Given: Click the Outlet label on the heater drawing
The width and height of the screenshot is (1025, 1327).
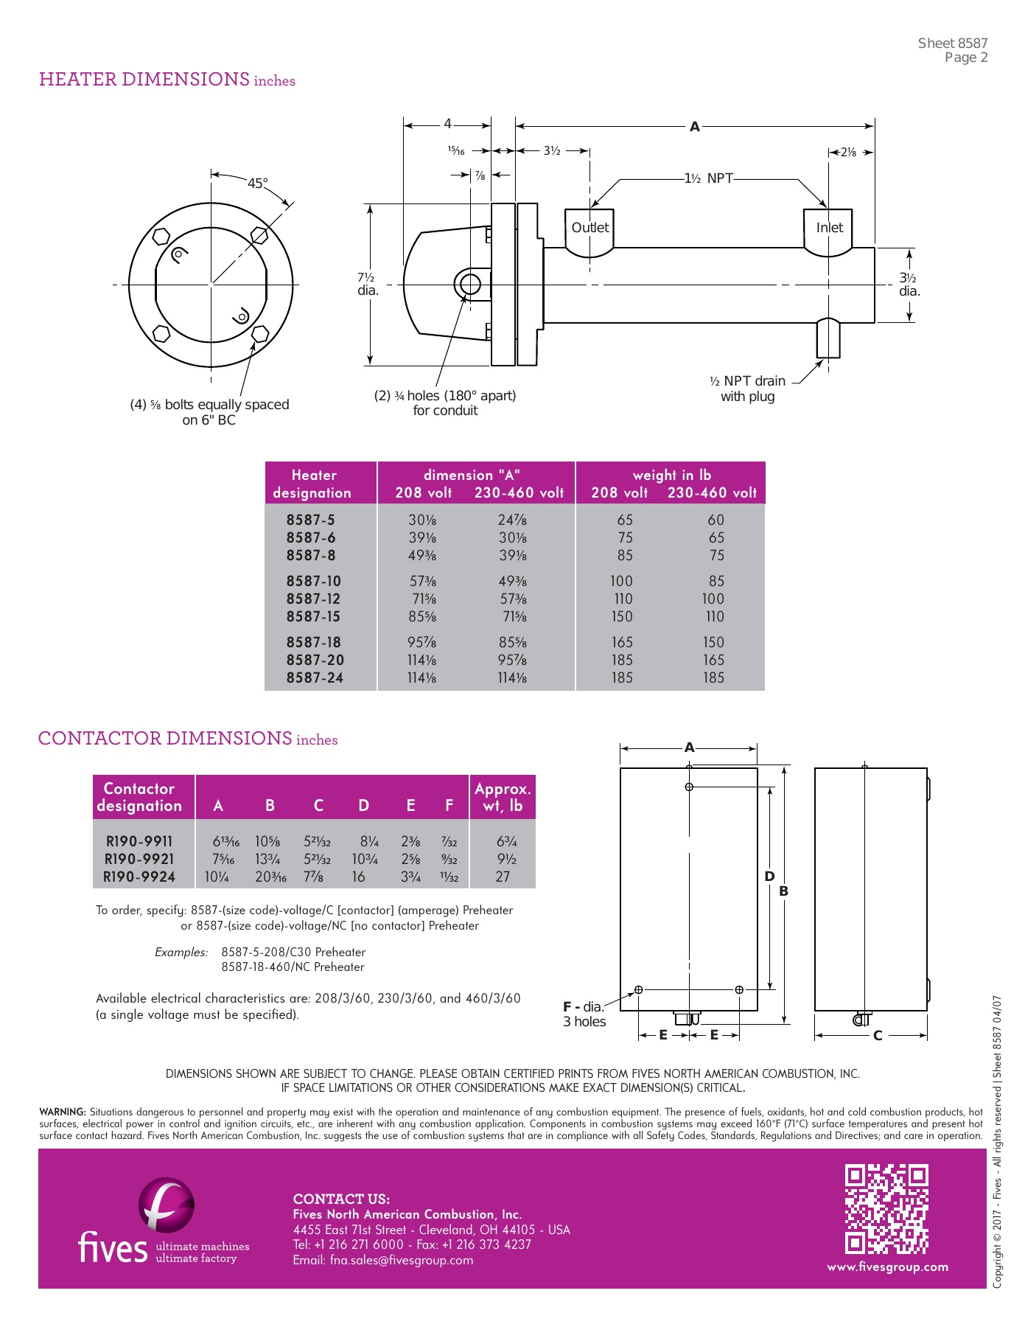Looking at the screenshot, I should [x=590, y=228].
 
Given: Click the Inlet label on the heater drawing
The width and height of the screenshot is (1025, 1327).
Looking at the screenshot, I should [x=829, y=228].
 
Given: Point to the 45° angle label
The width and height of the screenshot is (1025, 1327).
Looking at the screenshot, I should [x=257, y=184].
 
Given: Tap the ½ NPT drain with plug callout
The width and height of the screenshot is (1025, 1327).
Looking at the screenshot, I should [x=747, y=389].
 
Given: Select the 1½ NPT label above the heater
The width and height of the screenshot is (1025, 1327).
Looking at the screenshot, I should [x=708, y=178].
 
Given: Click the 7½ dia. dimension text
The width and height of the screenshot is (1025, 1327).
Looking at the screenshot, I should [x=368, y=284].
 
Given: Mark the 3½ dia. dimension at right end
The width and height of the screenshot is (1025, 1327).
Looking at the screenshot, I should [x=909, y=285].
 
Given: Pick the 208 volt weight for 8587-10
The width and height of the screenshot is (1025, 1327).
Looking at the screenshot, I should [x=620, y=581].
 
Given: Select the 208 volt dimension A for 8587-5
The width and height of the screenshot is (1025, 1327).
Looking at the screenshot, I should [x=421, y=520].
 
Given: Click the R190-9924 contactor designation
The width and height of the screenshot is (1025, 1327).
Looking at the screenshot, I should [x=139, y=877].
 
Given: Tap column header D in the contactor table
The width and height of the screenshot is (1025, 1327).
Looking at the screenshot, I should [x=363, y=806].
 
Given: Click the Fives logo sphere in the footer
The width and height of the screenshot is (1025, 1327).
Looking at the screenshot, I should [x=167, y=1205].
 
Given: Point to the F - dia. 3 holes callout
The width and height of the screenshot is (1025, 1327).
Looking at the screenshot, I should [x=584, y=1014].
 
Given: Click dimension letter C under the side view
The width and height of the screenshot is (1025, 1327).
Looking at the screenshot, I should [x=877, y=1036].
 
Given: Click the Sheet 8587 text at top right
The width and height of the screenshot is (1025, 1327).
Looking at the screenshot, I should [x=952, y=43].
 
